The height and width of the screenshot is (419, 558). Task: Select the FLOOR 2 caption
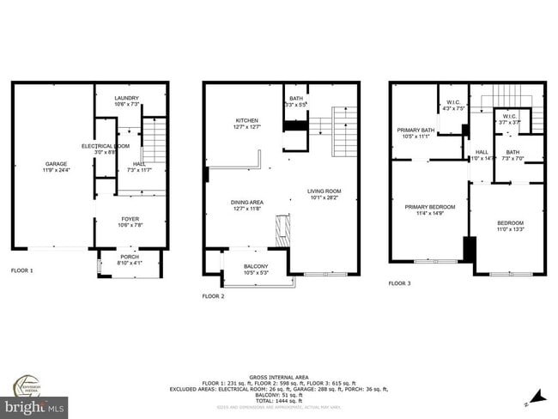pyautogui.click(x=213, y=296)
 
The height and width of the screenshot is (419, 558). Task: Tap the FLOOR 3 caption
pyautogui.click(x=400, y=283)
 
